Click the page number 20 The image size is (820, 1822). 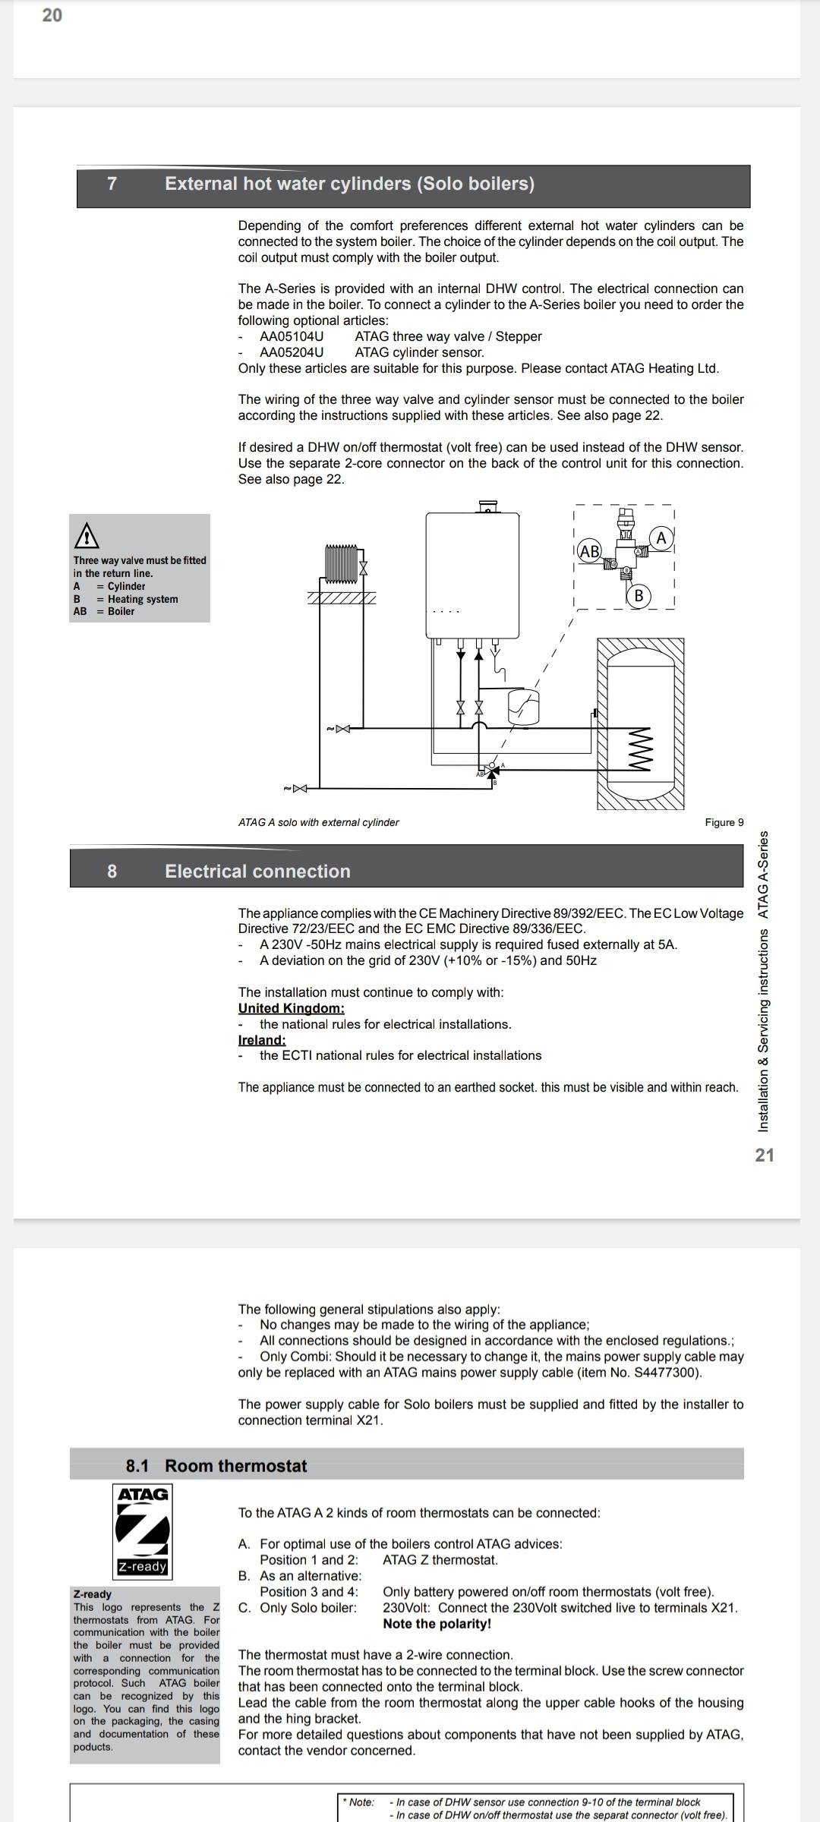click(52, 15)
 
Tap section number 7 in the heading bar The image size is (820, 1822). click(112, 184)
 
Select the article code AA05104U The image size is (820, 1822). click(292, 336)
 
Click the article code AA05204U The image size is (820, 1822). click(292, 352)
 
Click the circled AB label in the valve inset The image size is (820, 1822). click(589, 551)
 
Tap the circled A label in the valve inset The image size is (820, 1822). click(661, 538)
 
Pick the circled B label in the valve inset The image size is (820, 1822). click(639, 596)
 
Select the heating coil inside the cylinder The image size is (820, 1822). click(641, 749)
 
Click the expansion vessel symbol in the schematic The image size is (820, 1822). click(523, 705)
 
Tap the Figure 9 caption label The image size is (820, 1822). click(724, 822)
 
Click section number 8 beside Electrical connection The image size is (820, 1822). click(112, 872)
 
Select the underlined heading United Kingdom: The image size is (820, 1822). click(291, 1008)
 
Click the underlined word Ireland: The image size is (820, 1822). click(262, 1040)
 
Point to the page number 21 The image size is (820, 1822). click(765, 1155)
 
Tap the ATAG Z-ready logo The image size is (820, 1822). click(142, 1530)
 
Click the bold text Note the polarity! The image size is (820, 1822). click(437, 1624)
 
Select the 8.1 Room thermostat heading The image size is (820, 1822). click(216, 1466)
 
